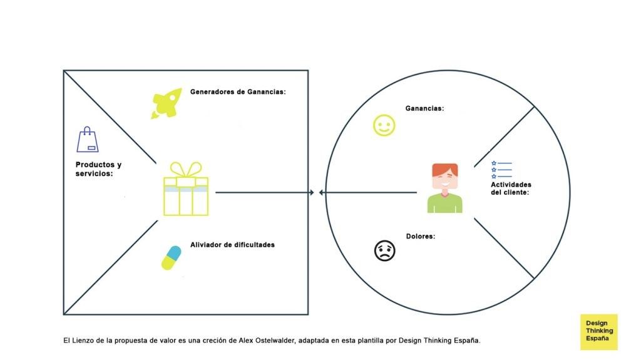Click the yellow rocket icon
click(167, 103)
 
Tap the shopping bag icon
click(88, 140)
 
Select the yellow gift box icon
click(186, 188)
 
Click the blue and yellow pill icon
click(172, 258)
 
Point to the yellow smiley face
click(384, 125)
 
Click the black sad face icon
click(385, 250)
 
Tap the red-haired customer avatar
click(445, 188)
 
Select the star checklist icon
click(501, 170)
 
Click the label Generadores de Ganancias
click(238, 92)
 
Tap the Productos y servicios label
click(98, 169)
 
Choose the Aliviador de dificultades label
click(232, 245)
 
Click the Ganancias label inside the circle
click(424, 108)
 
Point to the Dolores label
click(420, 237)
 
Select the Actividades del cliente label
click(511, 188)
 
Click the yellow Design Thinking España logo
click(599, 332)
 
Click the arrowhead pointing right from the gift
click(312, 192)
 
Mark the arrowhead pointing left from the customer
click(321, 192)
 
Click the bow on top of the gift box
click(186, 170)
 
